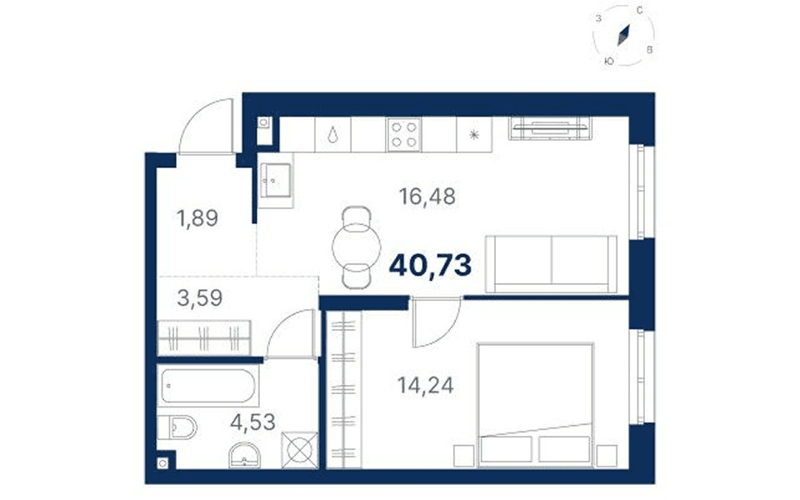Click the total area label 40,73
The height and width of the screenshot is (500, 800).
[430, 266]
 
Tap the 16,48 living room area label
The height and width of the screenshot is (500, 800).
[427, 197]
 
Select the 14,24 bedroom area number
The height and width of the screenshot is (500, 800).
[426, 385]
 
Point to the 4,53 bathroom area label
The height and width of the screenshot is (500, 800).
[252, 422]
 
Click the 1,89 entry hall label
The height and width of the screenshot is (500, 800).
[197, 218]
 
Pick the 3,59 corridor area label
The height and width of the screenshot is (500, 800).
[199, 298]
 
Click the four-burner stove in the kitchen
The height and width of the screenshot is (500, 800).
[404, 135]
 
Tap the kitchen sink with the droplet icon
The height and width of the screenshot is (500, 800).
[332, 135]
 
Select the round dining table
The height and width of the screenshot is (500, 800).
[356, 247]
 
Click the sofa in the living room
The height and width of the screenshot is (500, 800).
[551, 264]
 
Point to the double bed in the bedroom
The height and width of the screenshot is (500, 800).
[536, 405]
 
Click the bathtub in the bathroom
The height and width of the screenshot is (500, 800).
[208, 386]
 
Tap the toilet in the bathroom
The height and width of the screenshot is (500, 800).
[177, 427]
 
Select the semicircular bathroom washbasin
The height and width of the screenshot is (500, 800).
[245, 455]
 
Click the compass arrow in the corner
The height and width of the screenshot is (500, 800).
[623, 35]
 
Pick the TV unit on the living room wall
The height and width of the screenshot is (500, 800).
[549, 128]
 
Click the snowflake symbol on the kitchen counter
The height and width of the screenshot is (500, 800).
[474, 135]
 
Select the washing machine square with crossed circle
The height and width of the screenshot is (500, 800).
[300, 450]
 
